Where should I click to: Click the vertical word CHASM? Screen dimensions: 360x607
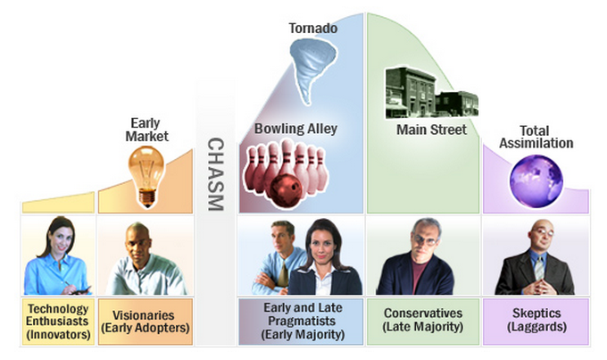[x=215, y=173]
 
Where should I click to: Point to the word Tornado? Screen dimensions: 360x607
[x=312, y=29]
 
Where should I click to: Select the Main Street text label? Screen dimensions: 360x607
[x=431, y=130]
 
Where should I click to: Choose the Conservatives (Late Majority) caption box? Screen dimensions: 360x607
[x=423, y=321]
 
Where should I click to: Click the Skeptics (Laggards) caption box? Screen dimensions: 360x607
[x=536, y=321]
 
